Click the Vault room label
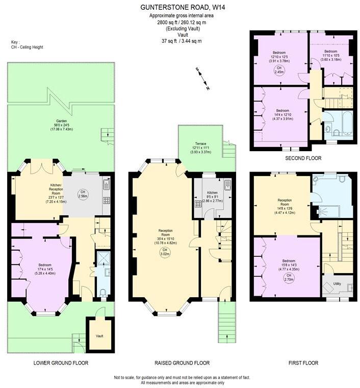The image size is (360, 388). click(99, 336)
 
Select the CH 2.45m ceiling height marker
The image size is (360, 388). click(279, 70)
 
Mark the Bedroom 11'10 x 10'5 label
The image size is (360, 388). click(330, 55)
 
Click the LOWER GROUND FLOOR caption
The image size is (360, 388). click(61, 363)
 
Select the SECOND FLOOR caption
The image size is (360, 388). click(303, 158)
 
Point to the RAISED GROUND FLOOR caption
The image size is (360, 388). click(182, 363)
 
